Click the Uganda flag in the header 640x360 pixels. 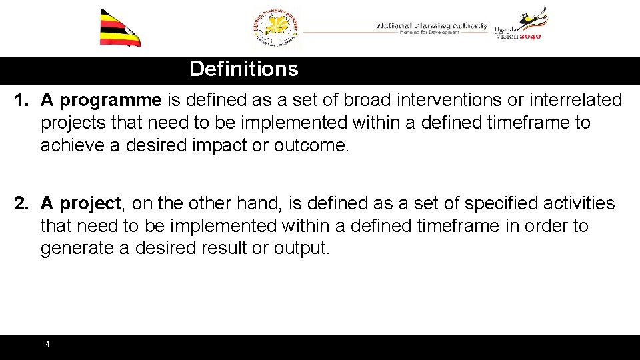pyautogui.click(x=120, y=29)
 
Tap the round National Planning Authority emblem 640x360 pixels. pyautogui.click(x=277, y=29)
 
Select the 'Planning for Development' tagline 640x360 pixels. pyautogui.click(x=429, y=33)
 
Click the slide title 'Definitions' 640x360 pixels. pyautogui.click(x=243, y=69)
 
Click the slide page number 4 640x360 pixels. pyautogui.click(x=47, y=345)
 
